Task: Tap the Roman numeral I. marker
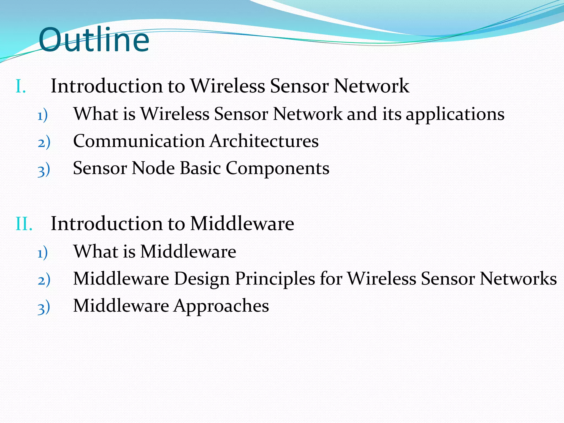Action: click(21, 86)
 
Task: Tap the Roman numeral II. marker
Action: click(24, 224)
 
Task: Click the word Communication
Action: click(139, 141)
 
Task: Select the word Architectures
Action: click(264, 141)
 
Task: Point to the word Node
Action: click(153, 168)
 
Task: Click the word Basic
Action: click(200, 168)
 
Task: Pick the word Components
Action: click(278, 169)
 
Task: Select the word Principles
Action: click(275, 279)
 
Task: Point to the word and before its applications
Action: click(362, 114)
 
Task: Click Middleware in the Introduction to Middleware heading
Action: click(242, 223)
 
